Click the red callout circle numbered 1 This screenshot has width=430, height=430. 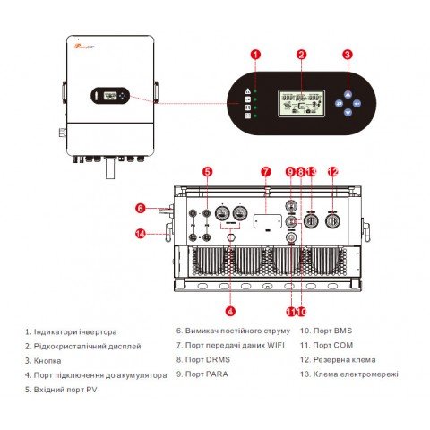255,55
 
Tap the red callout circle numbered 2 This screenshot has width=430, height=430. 302,55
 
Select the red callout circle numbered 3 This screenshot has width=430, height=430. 348,55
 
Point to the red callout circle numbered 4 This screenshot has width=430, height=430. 230,311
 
